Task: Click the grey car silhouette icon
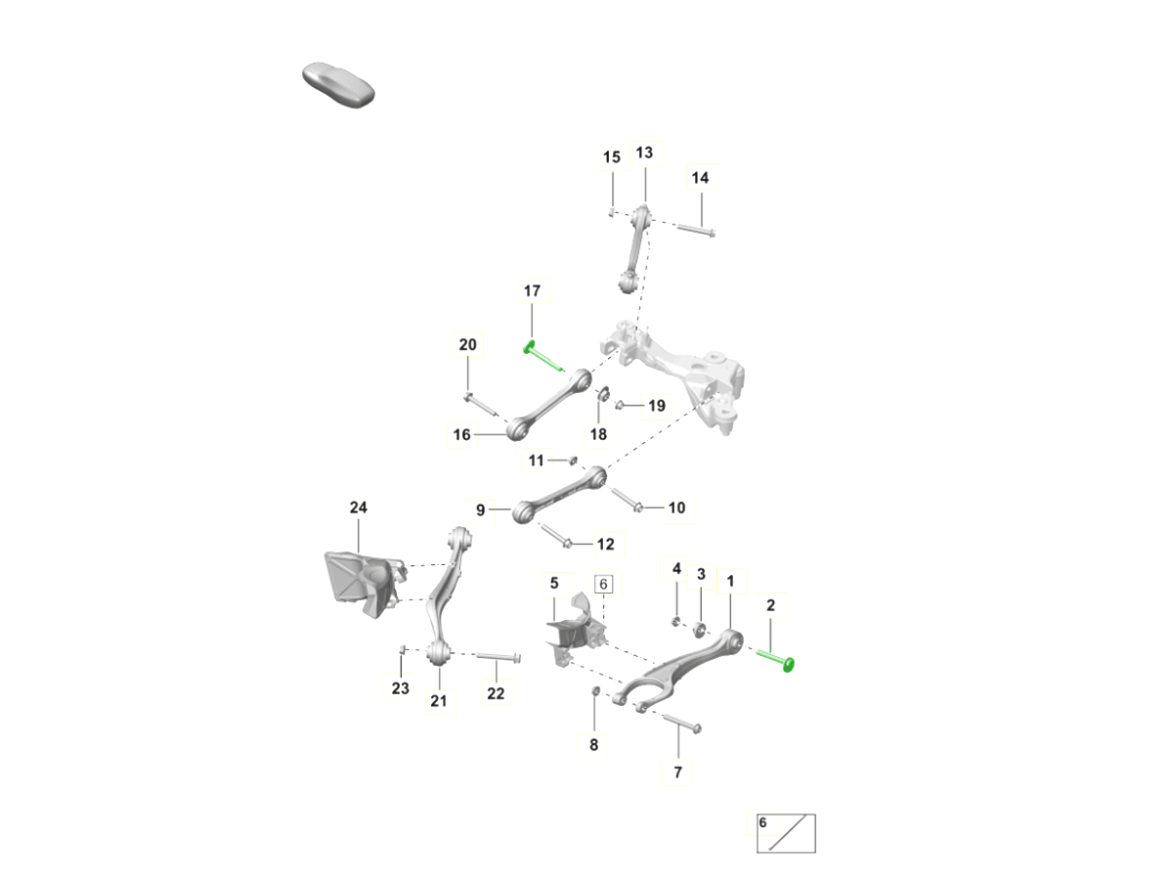(x=338, y=85)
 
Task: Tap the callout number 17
(x=532, y=291)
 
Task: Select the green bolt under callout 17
(x=543, y=355)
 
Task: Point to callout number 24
(x=358, y=507)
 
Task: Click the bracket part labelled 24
(x=365, y=584)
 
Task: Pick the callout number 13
(x=644, y=153)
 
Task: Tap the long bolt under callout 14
(x=696, y=231)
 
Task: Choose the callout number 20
(x=467, y=344)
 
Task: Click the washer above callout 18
(x=603, y=394)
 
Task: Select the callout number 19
(x=656, y=406)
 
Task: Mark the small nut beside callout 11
(x=573, y=460)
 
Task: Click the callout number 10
(x=676, y=507)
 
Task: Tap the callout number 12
(x=605, y=545)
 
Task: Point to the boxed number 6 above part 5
(x=603, y=584)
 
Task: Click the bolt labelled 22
(x=499, y=657)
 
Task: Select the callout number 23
(x=400, y=688)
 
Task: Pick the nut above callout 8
(x=596, y=691)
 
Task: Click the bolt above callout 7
(x=682, y=723)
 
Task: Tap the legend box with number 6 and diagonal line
(x=786, y=833)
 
